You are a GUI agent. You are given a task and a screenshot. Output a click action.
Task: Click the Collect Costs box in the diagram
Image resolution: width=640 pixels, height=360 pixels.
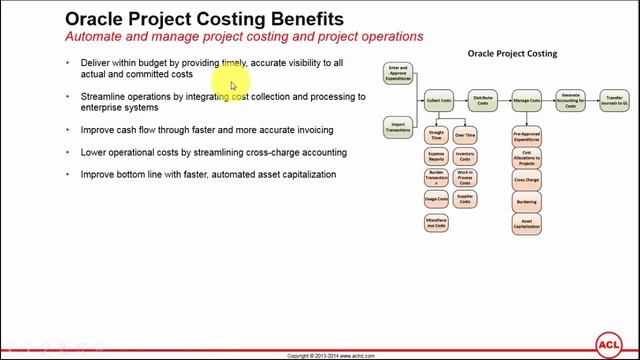point(439,100)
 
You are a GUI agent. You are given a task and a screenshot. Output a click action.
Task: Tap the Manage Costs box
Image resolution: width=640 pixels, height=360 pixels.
point(527,100)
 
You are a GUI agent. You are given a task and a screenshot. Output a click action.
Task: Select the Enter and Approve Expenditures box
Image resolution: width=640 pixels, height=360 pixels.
point(397,74)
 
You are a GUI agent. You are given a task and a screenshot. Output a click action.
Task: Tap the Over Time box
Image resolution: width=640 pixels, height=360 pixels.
point(465,134)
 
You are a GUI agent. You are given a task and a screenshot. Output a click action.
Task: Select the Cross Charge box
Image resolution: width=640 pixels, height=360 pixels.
point(527,180)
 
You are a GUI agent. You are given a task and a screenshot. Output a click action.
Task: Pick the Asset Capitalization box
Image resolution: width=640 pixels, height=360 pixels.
point(527,222)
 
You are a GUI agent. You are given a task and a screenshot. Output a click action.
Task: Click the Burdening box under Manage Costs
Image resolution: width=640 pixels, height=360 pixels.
point(527,201)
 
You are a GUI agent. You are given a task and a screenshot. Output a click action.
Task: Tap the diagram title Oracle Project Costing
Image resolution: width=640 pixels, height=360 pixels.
point(511,53)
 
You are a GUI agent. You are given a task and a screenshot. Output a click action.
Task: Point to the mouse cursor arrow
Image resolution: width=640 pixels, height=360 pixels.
point(233,85)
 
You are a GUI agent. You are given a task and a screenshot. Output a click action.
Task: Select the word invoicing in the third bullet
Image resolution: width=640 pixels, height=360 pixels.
point(309,130)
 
